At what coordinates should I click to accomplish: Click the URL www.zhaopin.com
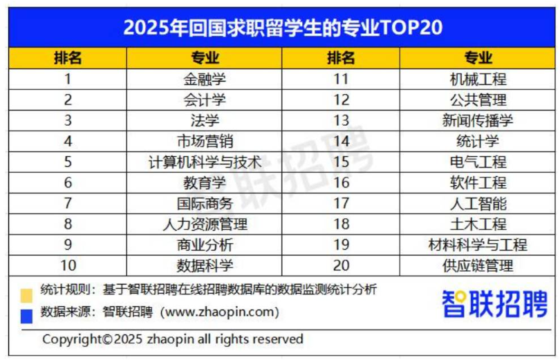(x=219, y=312)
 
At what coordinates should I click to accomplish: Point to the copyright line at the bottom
(x=173, y=339)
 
